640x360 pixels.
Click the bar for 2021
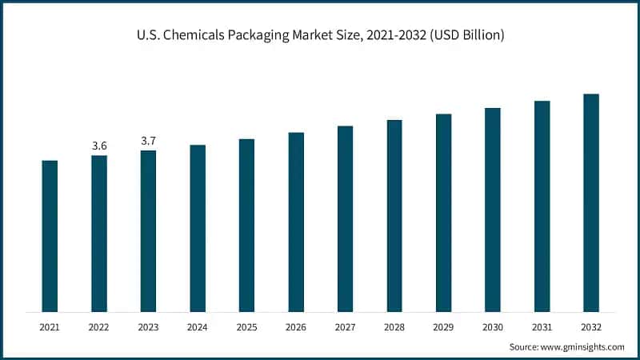pos(50,236)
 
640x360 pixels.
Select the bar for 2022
pos(99,234)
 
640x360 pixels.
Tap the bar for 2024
pos(198,228)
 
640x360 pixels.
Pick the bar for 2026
pos(296,222)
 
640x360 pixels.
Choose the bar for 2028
pos(394,216)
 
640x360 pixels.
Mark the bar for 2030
pos(493,210)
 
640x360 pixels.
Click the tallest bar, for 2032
pos(591,202)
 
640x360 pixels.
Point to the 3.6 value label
pos(99,146)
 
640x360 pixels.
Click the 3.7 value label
pos(148,141)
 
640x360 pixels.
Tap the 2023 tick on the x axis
pos(148,326)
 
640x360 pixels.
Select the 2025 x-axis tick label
pos(246,326)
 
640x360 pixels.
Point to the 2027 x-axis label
pos(345,326)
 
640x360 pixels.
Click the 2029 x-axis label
pos(443,326)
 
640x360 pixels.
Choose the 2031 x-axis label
pos(542,326)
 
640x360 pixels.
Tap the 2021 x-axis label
pos(50,326)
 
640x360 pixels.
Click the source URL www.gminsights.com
pos(583,346)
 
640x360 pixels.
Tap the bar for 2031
pos(542,206)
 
